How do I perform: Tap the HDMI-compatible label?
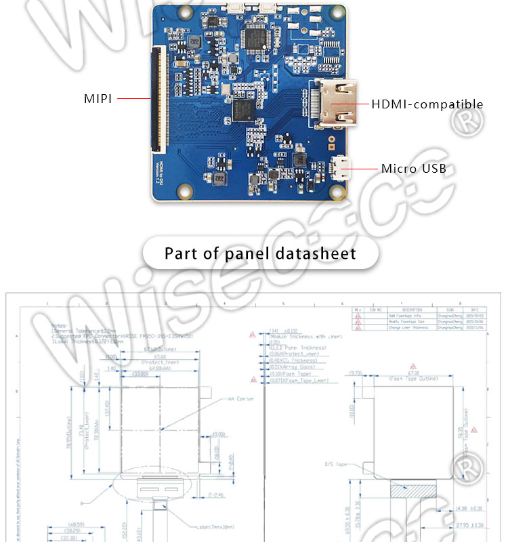tap(427, 104)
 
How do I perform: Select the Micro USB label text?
tap(413, 168)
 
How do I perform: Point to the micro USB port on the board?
tap(342, 167)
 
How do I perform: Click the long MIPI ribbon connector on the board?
tap(160, 98)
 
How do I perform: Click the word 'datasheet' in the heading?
tap(316, 254)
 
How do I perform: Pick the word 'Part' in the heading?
tap(181, 254)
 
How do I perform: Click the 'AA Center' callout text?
tap(241, 399)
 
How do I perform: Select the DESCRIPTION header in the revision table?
tap(407, 310)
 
